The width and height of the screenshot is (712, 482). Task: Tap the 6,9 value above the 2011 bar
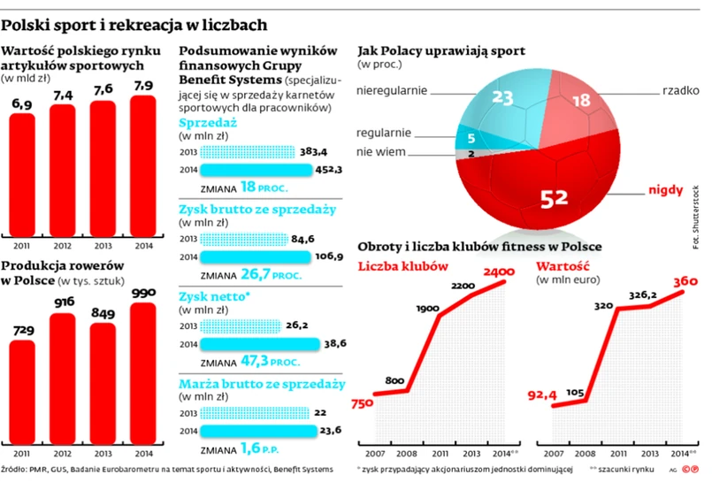(21, 104)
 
